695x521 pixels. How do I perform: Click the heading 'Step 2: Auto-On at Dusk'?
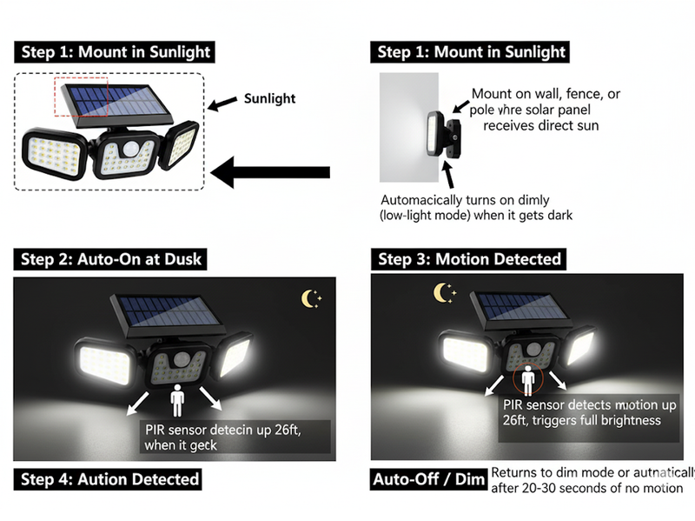point(109,259)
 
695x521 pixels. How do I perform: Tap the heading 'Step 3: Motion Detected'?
point(469,259)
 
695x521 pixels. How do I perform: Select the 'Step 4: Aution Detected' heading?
point(109,479)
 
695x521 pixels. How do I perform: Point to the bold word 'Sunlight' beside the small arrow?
point(269,99)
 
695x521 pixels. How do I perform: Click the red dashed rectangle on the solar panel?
point(81,96)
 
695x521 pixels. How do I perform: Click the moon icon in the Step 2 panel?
point(310,298)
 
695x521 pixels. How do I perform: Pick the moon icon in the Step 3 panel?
point(444,293)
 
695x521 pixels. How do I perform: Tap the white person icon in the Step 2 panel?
point(177,401)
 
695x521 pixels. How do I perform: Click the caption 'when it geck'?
point(183,444)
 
